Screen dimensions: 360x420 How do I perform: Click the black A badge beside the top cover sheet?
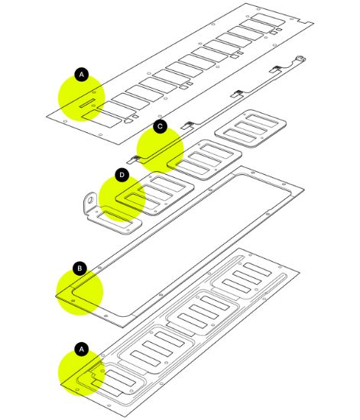(82, 74)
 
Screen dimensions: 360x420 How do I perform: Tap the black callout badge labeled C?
(160, 126)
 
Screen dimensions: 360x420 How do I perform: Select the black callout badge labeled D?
(122, 175)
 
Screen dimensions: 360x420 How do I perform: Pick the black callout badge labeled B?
(79, 268)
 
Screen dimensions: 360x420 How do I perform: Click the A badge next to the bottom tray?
(82, 349)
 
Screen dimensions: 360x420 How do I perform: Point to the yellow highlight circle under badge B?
(79, 292)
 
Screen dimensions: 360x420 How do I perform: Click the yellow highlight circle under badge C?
(160, 150)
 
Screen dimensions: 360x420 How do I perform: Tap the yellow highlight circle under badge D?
(122, 199)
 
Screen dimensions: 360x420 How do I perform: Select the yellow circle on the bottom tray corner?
(82, 373)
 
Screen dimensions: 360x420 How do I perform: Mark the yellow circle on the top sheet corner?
(82, 98)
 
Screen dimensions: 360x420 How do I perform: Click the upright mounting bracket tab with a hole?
(90, 203)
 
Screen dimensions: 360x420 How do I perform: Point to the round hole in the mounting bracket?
(90, 199)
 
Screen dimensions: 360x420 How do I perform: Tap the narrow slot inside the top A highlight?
(87, 103)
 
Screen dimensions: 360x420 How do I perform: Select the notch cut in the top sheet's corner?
(301, 21)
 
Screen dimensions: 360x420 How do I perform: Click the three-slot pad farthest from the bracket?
(251, 128)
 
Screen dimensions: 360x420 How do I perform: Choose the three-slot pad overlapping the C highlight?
(205, 160)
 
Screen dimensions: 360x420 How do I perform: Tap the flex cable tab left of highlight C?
(132, 160)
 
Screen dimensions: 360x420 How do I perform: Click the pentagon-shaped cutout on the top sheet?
(128, 121)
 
